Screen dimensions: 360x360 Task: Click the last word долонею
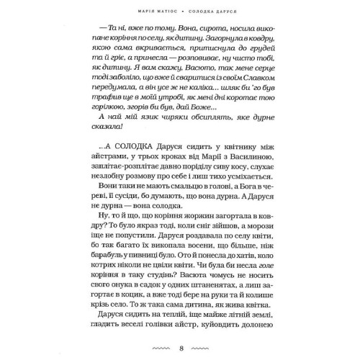click(253, 338)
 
